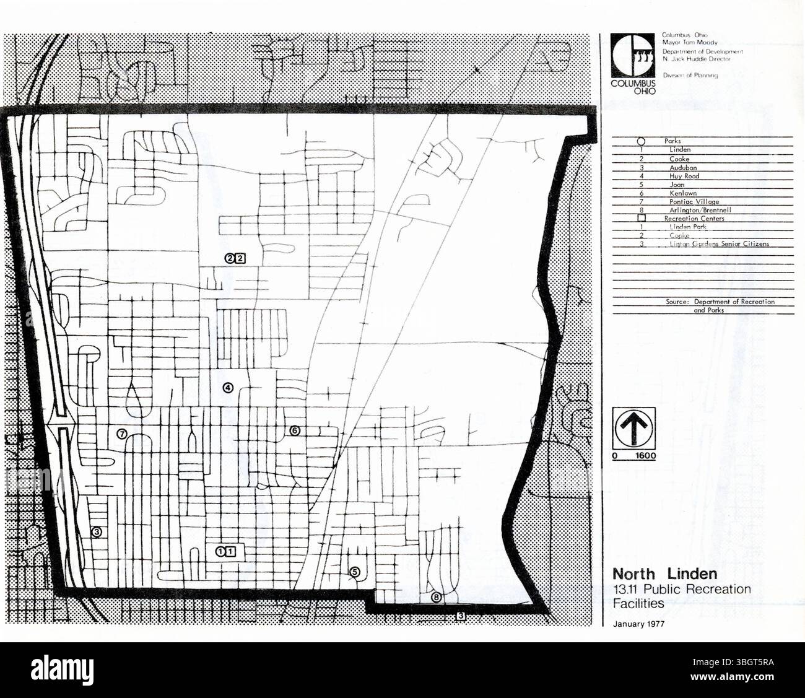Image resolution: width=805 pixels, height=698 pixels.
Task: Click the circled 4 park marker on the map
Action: tap(228, 388)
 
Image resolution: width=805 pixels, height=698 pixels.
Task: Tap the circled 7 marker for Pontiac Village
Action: tap(123, 435)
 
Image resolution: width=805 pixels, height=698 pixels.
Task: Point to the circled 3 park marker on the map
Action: tap(96, 531)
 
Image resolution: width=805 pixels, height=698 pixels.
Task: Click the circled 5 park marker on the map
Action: tap(354, 572)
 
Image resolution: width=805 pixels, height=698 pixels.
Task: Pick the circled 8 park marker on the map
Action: tap(437, 598)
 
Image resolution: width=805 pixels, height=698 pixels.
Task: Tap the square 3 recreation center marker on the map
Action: tap(461, 616)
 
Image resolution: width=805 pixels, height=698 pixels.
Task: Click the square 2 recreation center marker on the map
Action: tap(241, 258)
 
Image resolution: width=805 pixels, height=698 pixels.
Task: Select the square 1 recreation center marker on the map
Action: tap(231, 551)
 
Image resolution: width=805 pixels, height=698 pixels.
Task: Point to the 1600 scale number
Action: tap(646, 456)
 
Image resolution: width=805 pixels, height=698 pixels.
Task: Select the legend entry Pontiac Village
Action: tap(694, 202)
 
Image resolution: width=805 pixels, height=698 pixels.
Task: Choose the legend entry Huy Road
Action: tap(684, 177)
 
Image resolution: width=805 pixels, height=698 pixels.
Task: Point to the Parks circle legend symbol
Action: tap(642, 142)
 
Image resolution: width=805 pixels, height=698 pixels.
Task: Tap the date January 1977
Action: tap(638, 624)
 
